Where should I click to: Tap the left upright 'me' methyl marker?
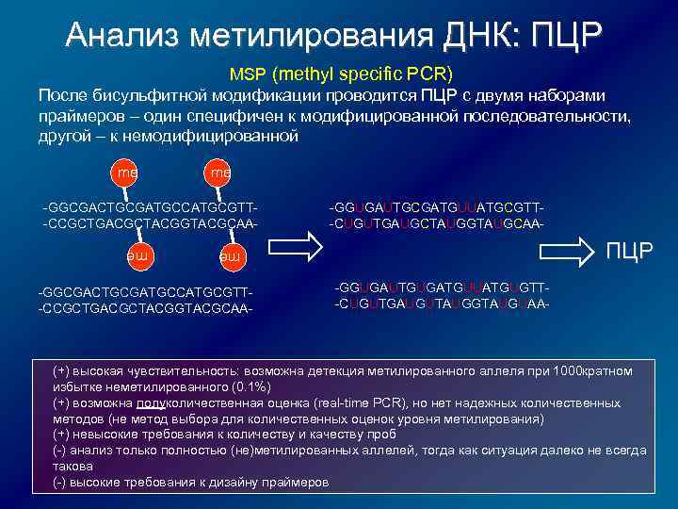point(123,173)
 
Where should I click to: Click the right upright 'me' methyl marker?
point(219,173)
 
